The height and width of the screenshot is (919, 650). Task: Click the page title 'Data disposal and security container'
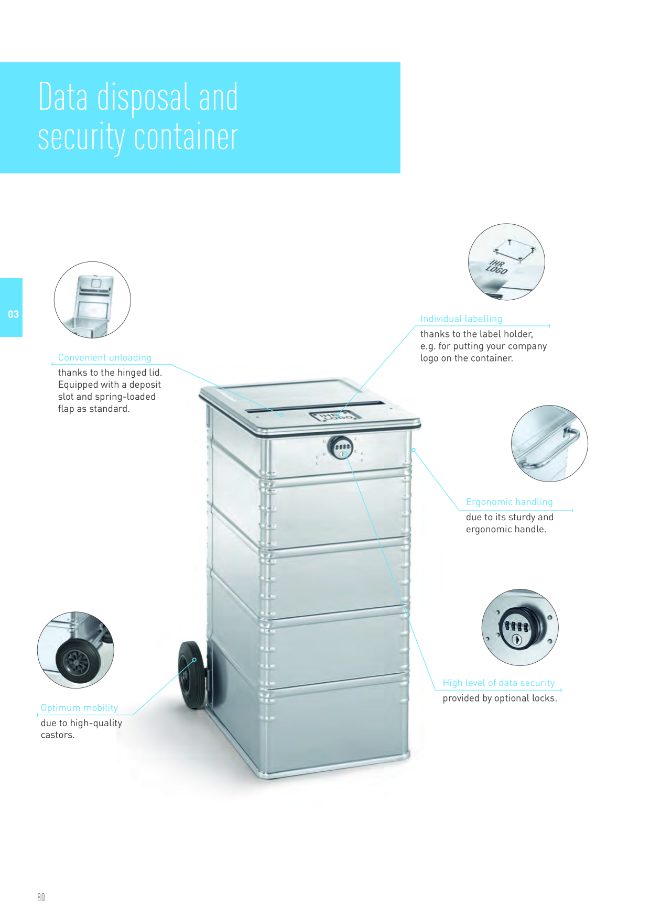click(x=138, y=117)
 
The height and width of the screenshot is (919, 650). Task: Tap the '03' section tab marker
click(x=13, y=314)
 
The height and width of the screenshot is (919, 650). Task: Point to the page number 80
click(x=41, y=898)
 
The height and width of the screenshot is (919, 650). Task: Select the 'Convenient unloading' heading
click(x=104, y=357)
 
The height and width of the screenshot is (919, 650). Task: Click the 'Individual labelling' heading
click(x=461, y=319)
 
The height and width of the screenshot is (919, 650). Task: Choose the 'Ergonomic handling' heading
click(x=510, y=502)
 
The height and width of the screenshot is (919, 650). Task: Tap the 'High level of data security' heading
click(x=499, y=683)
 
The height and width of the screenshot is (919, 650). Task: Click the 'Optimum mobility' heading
click(x=79, y=708)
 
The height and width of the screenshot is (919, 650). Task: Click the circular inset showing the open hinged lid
click(x=92, y=300)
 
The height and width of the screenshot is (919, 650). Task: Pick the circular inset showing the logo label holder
click(x=506, y=262)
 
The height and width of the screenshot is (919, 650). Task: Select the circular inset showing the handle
click(x=549, y=443)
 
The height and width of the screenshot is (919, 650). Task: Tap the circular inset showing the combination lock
click(x=520, y=627)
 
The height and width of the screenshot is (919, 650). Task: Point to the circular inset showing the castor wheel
click(x=75, y=650)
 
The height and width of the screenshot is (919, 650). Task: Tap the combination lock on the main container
click(x=341, y=447)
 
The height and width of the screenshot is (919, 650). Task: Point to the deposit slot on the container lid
click(x=316, y=407)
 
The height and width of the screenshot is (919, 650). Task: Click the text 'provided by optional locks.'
click(x=500, y=698)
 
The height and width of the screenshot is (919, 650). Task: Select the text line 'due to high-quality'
click(x=81, y=723)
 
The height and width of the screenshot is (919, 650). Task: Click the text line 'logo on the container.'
click(x=467, y=358)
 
